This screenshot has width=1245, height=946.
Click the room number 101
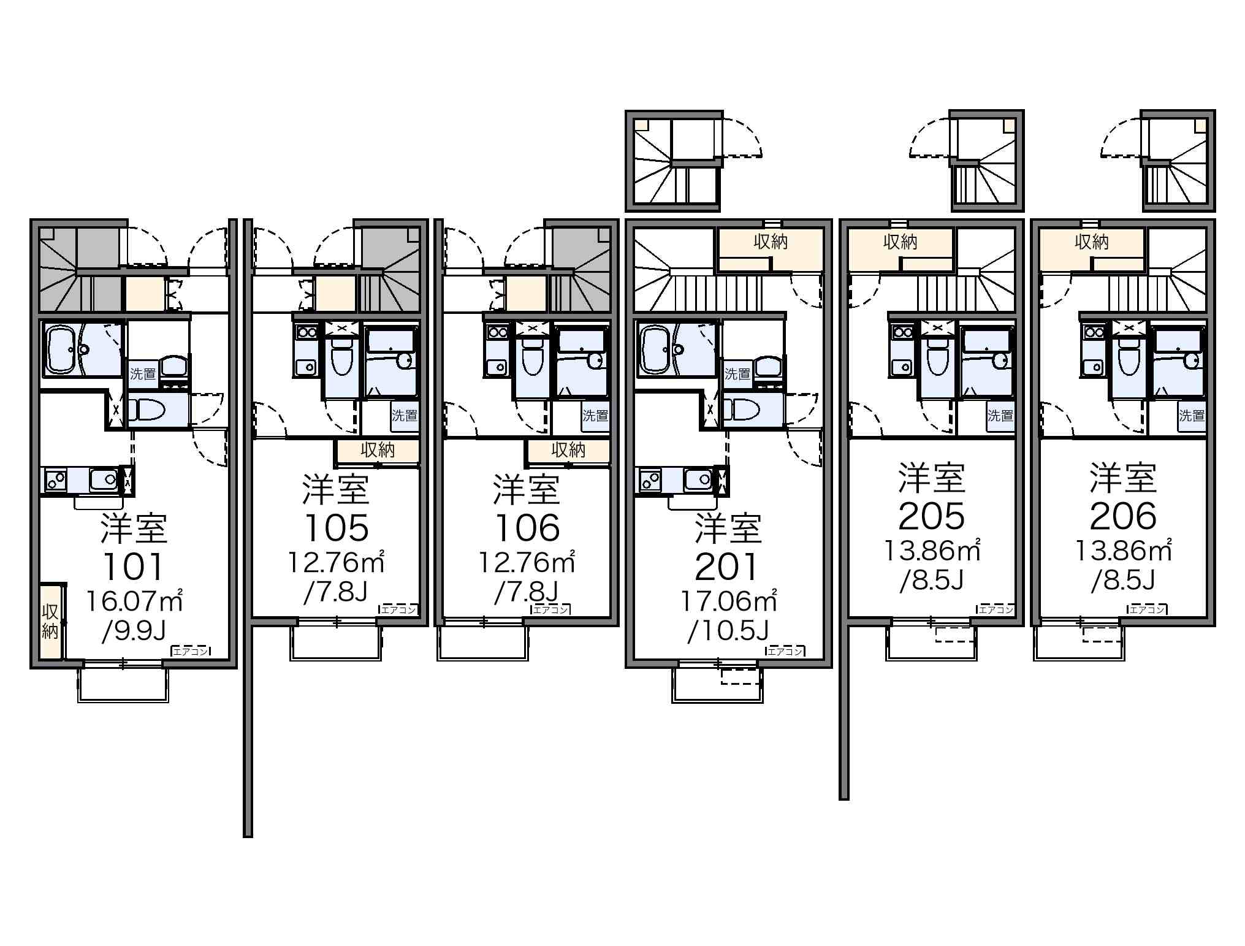134,567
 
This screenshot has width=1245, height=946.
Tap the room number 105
337,528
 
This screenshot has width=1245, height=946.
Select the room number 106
527,528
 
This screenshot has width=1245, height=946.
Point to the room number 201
727,567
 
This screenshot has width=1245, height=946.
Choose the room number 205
932,516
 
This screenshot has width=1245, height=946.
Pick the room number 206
1123,516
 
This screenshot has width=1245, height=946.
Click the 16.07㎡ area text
134,601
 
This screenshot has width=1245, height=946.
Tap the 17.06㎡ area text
729,601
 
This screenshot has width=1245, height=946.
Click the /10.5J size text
728,631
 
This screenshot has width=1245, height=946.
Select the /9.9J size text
134,631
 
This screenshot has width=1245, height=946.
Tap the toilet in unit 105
342,360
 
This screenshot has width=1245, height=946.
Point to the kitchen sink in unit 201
699,479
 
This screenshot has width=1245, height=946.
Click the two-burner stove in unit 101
55,479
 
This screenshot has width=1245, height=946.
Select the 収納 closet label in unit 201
771,242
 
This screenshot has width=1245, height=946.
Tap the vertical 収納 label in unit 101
50,621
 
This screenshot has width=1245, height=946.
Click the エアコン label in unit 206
1148,609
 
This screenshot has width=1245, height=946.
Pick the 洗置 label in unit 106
595,416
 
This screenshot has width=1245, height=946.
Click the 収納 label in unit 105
378,451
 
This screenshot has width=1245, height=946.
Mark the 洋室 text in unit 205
932,478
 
